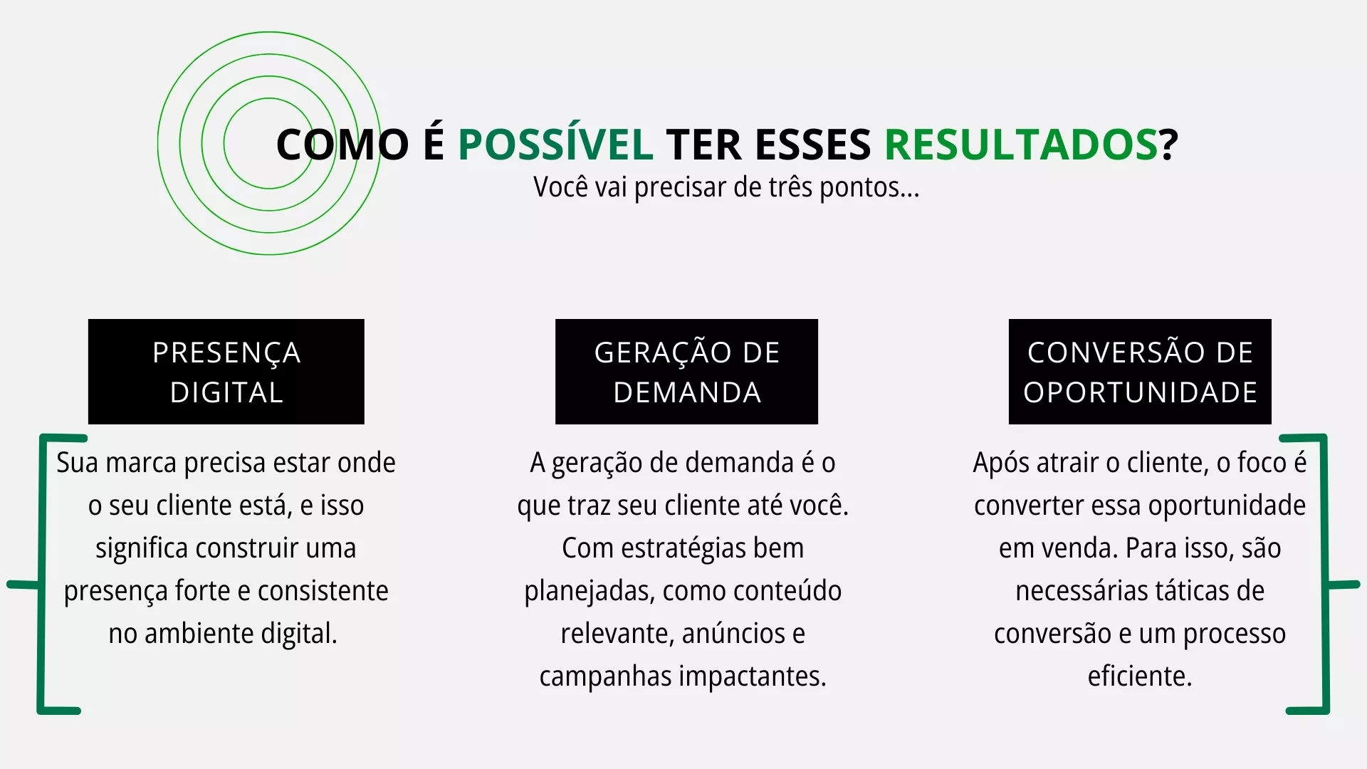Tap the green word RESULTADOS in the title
(x=1021, y=144)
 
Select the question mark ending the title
(x=1168, y=144)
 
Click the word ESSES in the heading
(x=812, y=144)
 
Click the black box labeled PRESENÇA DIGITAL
(x=226, y=372)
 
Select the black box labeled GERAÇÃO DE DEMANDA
(x=686, y=372)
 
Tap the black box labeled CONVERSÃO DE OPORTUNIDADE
(x=1140, y=372)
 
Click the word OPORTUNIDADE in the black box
(x=1140, y=392)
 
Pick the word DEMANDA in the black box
(x=687, y=392)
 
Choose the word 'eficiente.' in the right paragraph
(x=1140, y=676)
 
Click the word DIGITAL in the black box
(x=226, y=392)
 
